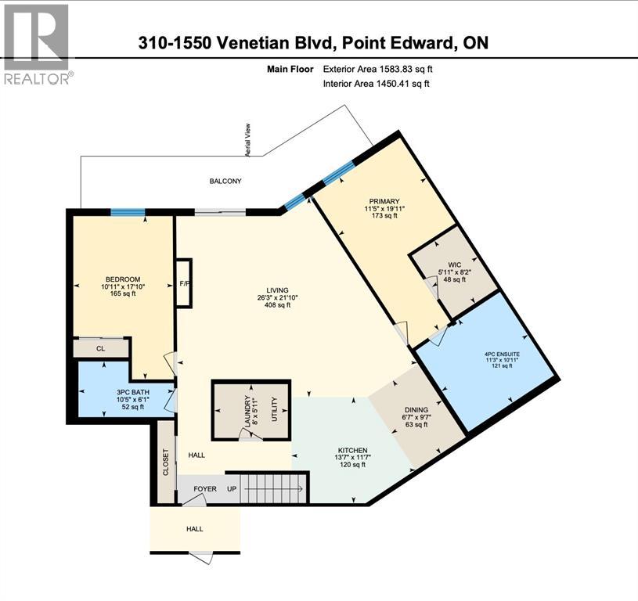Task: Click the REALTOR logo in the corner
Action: tap(37, 43)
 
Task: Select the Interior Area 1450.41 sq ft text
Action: tap(377, 84)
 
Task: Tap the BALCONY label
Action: tap(225, 181)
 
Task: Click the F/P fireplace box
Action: tap(184, 283)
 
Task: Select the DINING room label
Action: tap(416, 409)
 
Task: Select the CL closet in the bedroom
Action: tap(100, 348)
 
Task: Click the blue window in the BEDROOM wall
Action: tap(127, 211)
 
